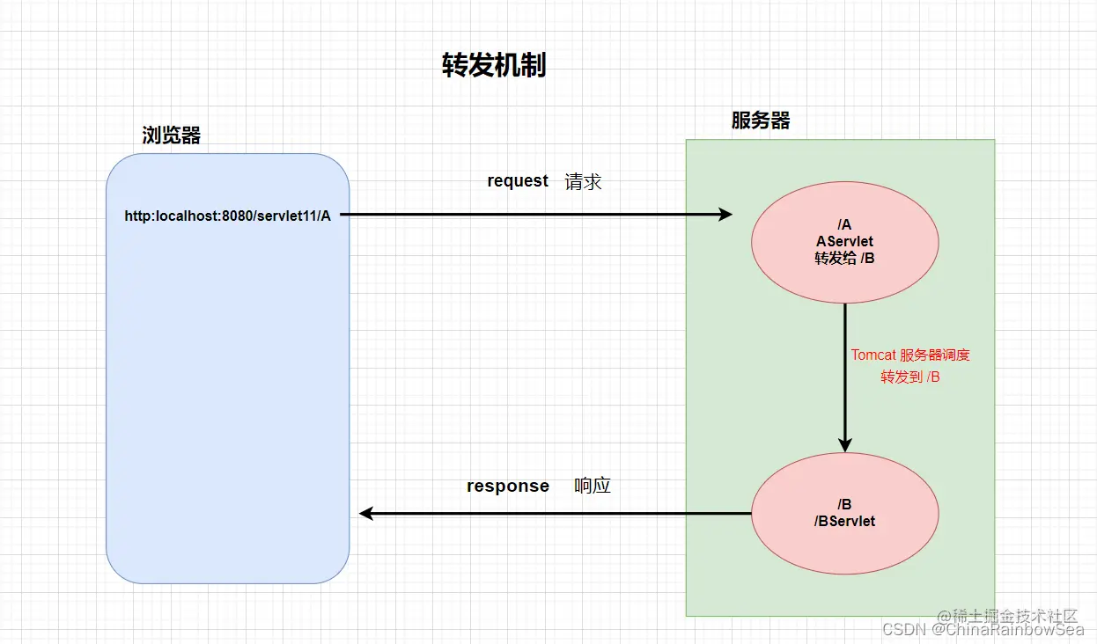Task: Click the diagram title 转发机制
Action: tap(493, 65)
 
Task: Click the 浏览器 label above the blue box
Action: tap(172, 135)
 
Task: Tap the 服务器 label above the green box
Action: tap(760, 121)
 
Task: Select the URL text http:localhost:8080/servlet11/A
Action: tap(227, 216)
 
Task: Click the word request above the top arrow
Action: tap(518, 180)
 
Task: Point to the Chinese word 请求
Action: tap(583, 181)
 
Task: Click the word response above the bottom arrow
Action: tap(507, 486)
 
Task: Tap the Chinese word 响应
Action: tap(593, 486)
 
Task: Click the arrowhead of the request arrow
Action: tap(725, 214)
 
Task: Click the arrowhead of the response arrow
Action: tap(367, 514)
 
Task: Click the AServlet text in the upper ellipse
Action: tap(845, 241)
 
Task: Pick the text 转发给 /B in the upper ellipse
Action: tap(845, 258)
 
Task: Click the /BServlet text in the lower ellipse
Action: tap(845, 521)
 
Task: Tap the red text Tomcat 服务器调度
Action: tap(910, 355)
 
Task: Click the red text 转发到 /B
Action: tap(910, 377)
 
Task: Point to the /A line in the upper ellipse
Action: tap(845, 224)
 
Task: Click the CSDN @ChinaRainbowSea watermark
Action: tap(983, 630)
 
